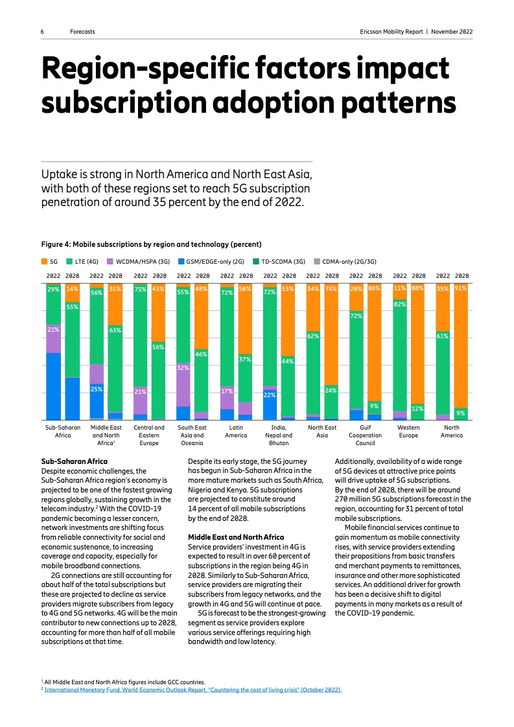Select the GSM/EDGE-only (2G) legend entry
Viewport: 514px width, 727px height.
coord(211,262)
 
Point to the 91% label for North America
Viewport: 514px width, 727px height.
coord(461,288)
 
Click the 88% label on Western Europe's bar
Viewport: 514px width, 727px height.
coord(418,288)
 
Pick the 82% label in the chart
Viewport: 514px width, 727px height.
coord(400,304)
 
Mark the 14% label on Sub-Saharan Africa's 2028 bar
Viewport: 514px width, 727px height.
coord(73,289)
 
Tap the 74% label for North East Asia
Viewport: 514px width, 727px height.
coord(331,288)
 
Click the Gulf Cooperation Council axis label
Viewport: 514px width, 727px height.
coord(366,435)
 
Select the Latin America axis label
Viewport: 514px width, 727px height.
coord(236,432)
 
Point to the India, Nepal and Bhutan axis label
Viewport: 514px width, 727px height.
coord(279,435)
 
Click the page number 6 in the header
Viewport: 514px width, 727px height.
coord(42,31)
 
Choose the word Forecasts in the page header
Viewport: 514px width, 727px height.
coord(83,31)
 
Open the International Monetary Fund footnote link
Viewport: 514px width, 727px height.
coord(193,690)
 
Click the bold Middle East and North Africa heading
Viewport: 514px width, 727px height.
coord(236,537)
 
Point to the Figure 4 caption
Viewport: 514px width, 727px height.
coord(152,244)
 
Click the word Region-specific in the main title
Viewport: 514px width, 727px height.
coord(158,69)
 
